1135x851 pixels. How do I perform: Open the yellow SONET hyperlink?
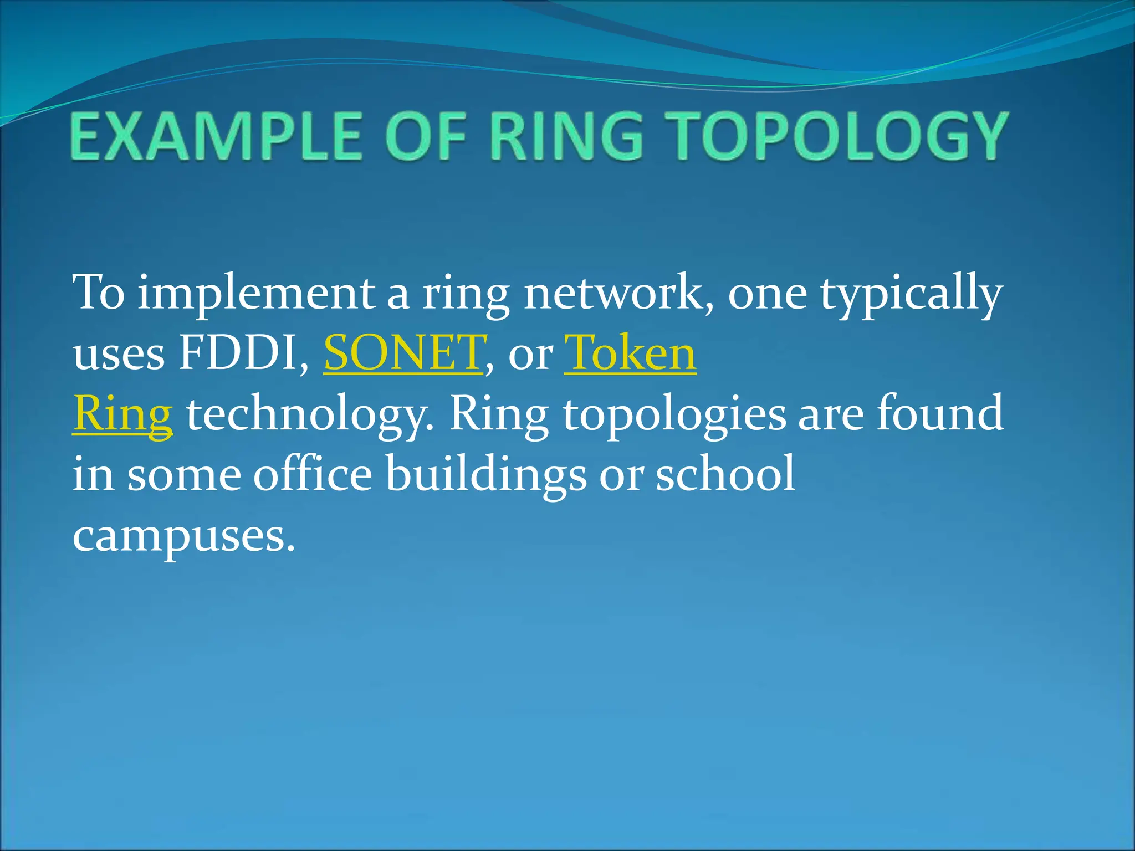point(403,353)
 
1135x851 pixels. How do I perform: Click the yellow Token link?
point(630,353)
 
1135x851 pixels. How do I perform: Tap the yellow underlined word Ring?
point(122,414)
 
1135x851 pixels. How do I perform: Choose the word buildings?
point(485,475)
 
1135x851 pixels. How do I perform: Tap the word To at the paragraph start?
point(99,293)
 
